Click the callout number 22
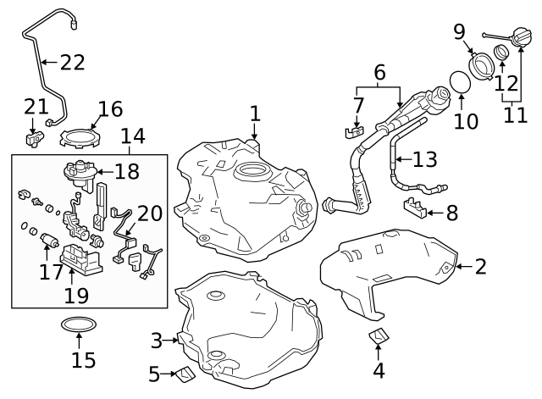click(x=73, y=62)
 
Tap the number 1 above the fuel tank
click(x=255, y=113)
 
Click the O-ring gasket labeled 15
click(x=78, y=325)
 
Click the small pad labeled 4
click(x=378, y=337)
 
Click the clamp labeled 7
click(x=354, y=131)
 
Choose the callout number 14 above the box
click(x=132, y=136)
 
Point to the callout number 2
click(x=480, y=267)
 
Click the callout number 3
click(x=156, y=341)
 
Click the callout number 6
click(x=379, y=73)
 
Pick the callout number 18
click(x=126, y=172)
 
